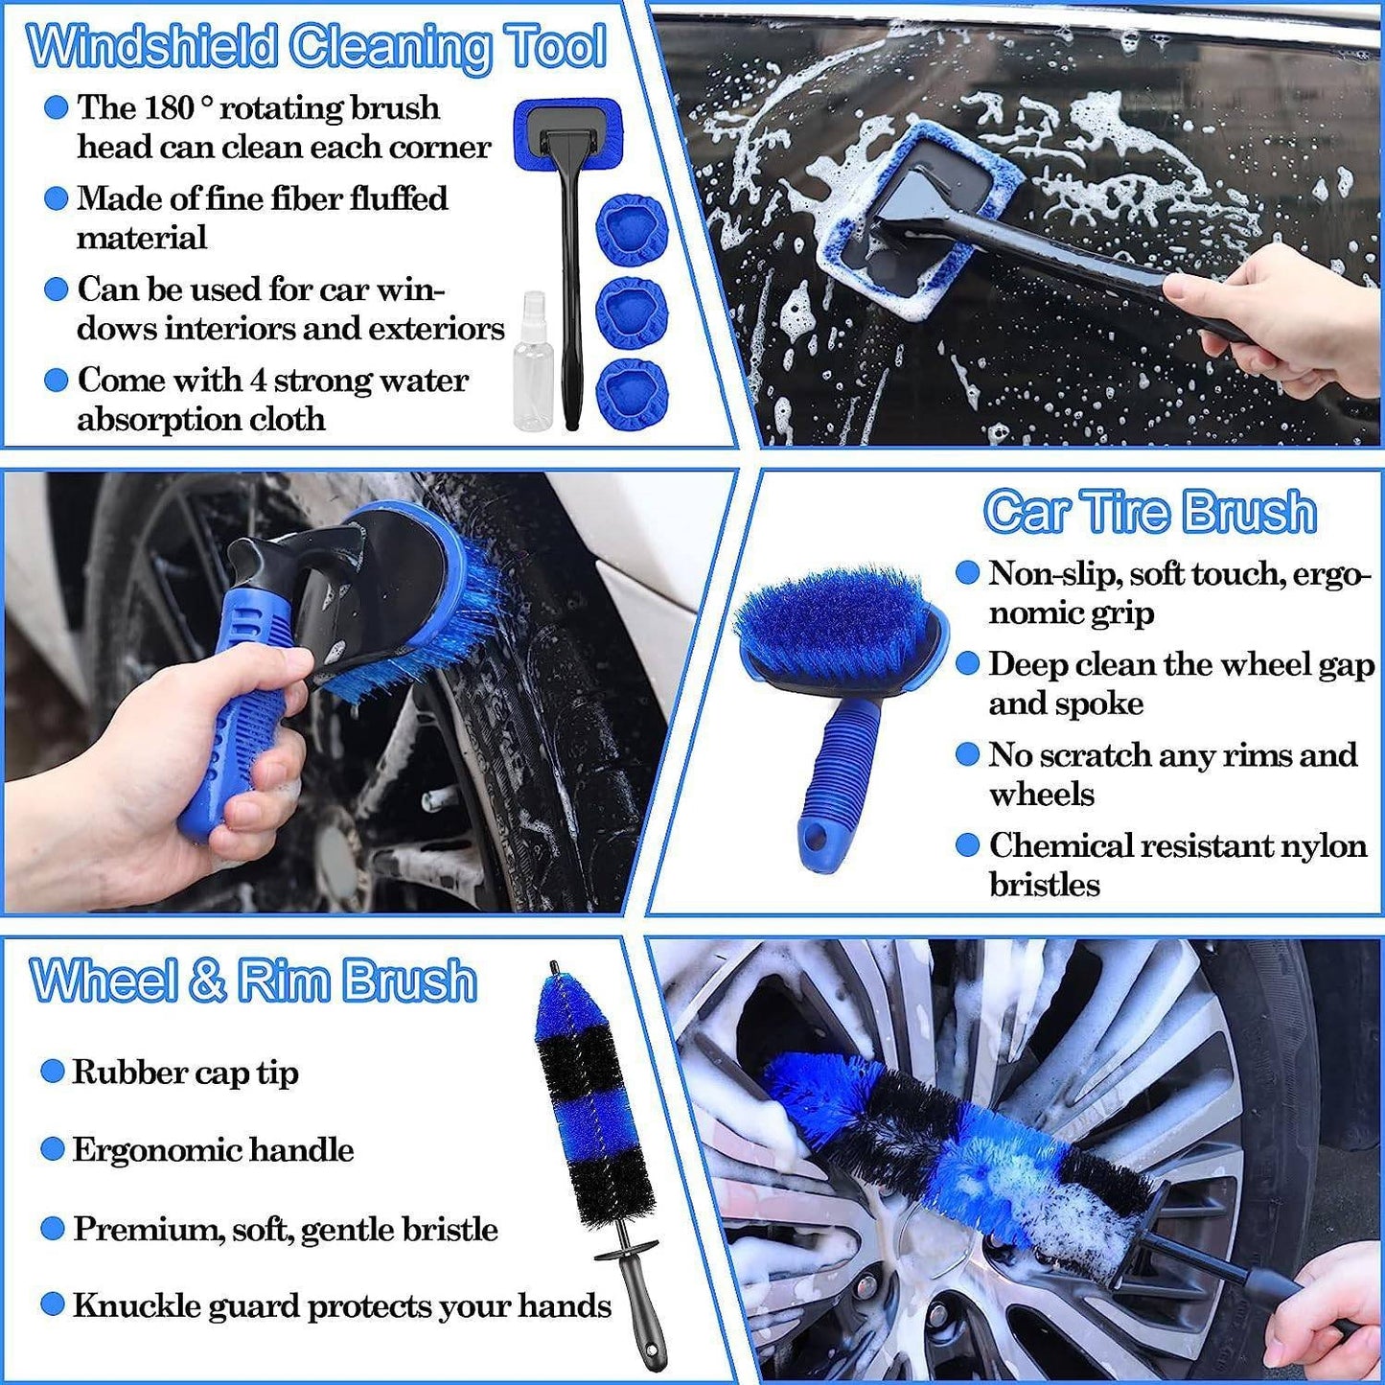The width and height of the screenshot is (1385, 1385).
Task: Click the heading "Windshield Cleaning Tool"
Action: click(316, 46)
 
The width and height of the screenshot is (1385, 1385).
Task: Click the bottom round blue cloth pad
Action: click(631, 393)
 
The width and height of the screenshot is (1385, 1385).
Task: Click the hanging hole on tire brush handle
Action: click(817, 840)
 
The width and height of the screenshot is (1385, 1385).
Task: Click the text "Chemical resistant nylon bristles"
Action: click(1177, 865)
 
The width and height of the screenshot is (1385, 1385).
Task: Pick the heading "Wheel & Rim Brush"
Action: click(253, 981)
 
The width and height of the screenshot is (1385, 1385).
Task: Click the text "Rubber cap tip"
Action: click(185, 1073)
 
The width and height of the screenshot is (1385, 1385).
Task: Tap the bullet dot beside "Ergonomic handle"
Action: click(53, 1149)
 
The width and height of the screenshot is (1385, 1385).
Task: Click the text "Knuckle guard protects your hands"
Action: click(342, 1305)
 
